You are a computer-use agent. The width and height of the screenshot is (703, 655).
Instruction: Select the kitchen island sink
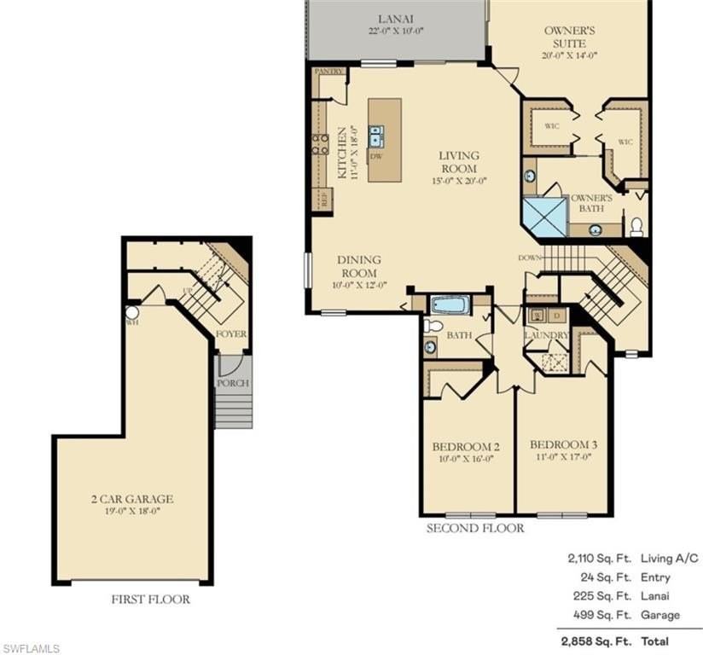click(x=376, y=136)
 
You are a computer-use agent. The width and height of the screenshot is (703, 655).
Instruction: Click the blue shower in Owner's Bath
click(x=544, y=216)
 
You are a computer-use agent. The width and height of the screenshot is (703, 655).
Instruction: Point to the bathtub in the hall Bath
click(x=448, y=304)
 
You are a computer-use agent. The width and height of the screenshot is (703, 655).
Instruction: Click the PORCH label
click(x=233, y=383)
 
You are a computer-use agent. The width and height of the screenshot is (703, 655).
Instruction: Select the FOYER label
click(x=231, y=334)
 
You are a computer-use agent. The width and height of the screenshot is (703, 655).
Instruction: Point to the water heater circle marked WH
click(x=132, y=313)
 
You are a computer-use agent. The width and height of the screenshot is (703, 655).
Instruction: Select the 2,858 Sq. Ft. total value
click(x=585, y=641)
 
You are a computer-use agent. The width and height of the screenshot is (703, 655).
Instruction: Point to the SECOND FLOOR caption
click(x=475, y=529)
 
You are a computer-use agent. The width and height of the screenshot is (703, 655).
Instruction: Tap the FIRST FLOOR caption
click(x=150, y=600)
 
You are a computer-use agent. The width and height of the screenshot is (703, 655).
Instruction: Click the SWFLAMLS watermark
click(x=31, y=648)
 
